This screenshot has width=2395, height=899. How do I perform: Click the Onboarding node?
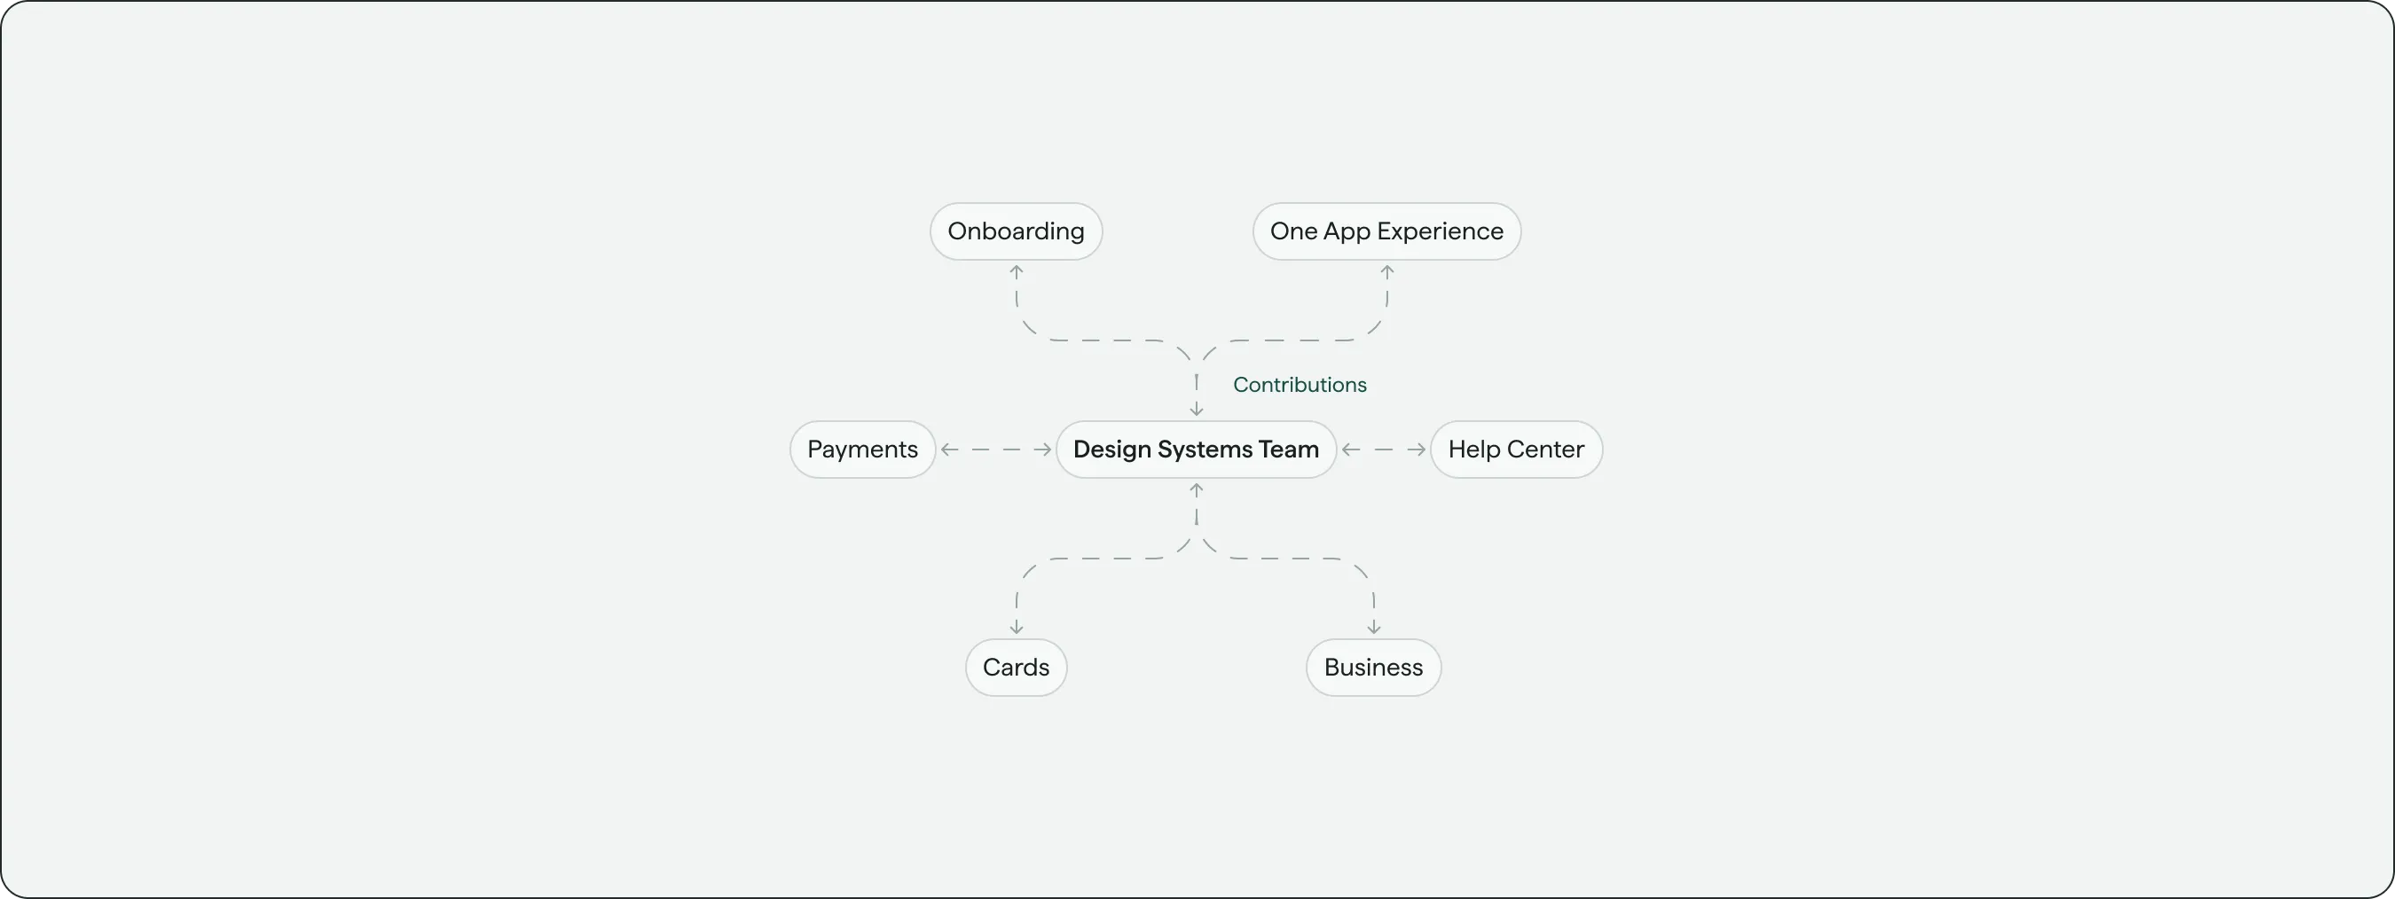click(x=1017, y=231)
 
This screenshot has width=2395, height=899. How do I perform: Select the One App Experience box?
click(x=1386, y=231)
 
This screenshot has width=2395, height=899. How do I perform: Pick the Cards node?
click(x=1017, y=668)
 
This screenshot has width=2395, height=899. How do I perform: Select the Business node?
click(x=1373, y=668)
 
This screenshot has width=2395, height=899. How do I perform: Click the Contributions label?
click(x=1299, y=385)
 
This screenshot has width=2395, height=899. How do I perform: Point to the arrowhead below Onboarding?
click(x=1017, y=271)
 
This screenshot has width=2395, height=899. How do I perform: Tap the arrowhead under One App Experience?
click(x=1386, y=271)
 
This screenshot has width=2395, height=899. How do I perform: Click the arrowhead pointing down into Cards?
click(x=1017, y=629)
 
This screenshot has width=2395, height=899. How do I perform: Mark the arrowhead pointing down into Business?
click(x=1373, y=629)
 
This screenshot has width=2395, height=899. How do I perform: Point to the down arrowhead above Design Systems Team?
click(x=1197, y=410)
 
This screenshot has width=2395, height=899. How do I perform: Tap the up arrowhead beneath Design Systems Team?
click(x=1197, y=489)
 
